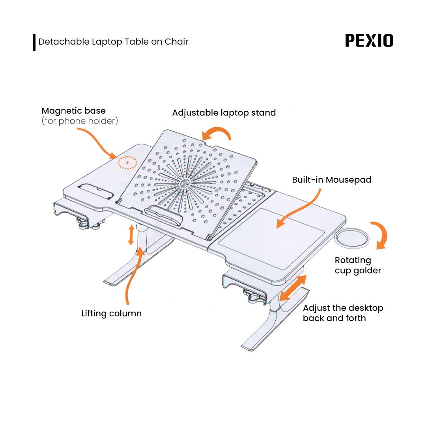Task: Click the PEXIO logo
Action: pyautogui.click(x=369, y=41)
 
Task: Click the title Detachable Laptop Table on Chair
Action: pyautogui.click(x=113, y=42)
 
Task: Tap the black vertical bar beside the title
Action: pyautogui.click(x=34, y=42)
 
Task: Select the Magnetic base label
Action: pyautogui.click(x=74, y=111)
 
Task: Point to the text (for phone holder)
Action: pyautogui.click(x=80, y=121)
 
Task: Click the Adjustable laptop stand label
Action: pyautogui.click(x=224, y=113)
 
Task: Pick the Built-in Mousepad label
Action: pyautogui.click(x=331, y=180)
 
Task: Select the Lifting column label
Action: pyautogui.click(x=111, y=314)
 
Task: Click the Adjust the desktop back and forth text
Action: pyautogui.click(x=343, y=313)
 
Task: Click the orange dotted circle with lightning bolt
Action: pyautogui.click(x=127, y=163)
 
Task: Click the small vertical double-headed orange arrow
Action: pyautogui.click(x=131, y=235)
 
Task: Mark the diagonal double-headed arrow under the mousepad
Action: pyautogui.click(x=293, y=288)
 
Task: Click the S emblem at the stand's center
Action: pyautogui.click(x=184, y=184)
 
